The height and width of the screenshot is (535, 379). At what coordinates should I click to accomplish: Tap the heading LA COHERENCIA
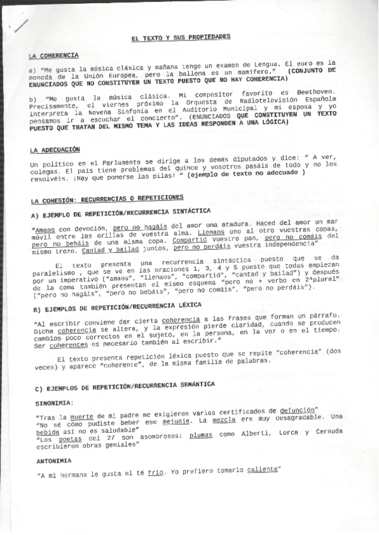(54, 56)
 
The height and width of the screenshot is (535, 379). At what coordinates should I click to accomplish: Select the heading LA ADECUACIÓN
(55, 150)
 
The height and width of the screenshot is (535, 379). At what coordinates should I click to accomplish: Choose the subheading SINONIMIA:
(55, 402)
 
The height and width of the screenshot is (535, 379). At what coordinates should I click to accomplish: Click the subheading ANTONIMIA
(54, 461)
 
